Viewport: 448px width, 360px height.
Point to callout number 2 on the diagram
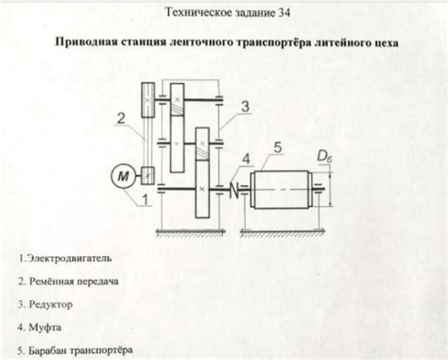click(x=122, y=118)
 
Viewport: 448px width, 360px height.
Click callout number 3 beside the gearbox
click(x=245, y=109)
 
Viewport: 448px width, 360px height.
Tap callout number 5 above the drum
click(x=278, y=147)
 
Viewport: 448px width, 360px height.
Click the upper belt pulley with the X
click(x=146, y=98)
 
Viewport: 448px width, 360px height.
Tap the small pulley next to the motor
click(x=147, y=175)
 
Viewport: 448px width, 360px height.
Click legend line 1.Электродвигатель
click(x=65, y=257)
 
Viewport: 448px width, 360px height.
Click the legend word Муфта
click(x=43, y=327)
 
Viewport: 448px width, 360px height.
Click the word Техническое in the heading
click(x=198, y=16)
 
